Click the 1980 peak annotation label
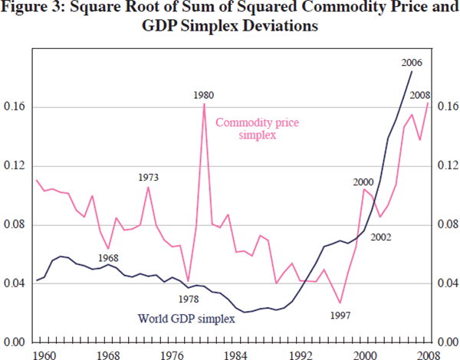tap(203, 95)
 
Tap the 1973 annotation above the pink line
tap(149, 177)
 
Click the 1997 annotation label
tap(338, 314)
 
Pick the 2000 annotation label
tap(363, 182)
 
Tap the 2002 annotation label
tap(380, 237)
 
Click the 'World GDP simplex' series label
tap(186, 318)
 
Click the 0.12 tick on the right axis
tap(446, 165)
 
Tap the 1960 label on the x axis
tap(44, 354)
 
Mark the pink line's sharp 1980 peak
tap(204, 104)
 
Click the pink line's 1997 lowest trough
tap(340, 303)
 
